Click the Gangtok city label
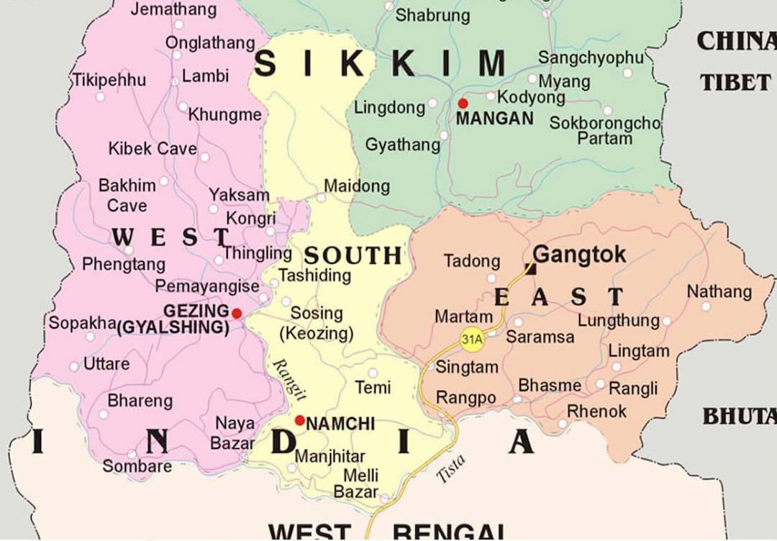point(579,255)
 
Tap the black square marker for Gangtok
point(531,269)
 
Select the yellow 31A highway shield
point(471,339)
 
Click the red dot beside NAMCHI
point(299,421)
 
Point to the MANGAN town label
point(495,119)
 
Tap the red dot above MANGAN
point(463,104)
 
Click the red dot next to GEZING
point(237,314)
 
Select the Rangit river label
point(291,379)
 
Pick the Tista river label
point(452,468)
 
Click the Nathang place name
point(719,292)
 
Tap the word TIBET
point(735,83)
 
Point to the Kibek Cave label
point(152,149)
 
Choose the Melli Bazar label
point(358,484)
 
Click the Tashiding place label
point(314,275)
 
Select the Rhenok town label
point(596,412)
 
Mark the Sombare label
point(137,466)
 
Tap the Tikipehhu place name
point(108,80)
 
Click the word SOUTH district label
point(353,255)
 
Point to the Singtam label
point(467,368)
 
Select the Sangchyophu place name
point(591,58)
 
